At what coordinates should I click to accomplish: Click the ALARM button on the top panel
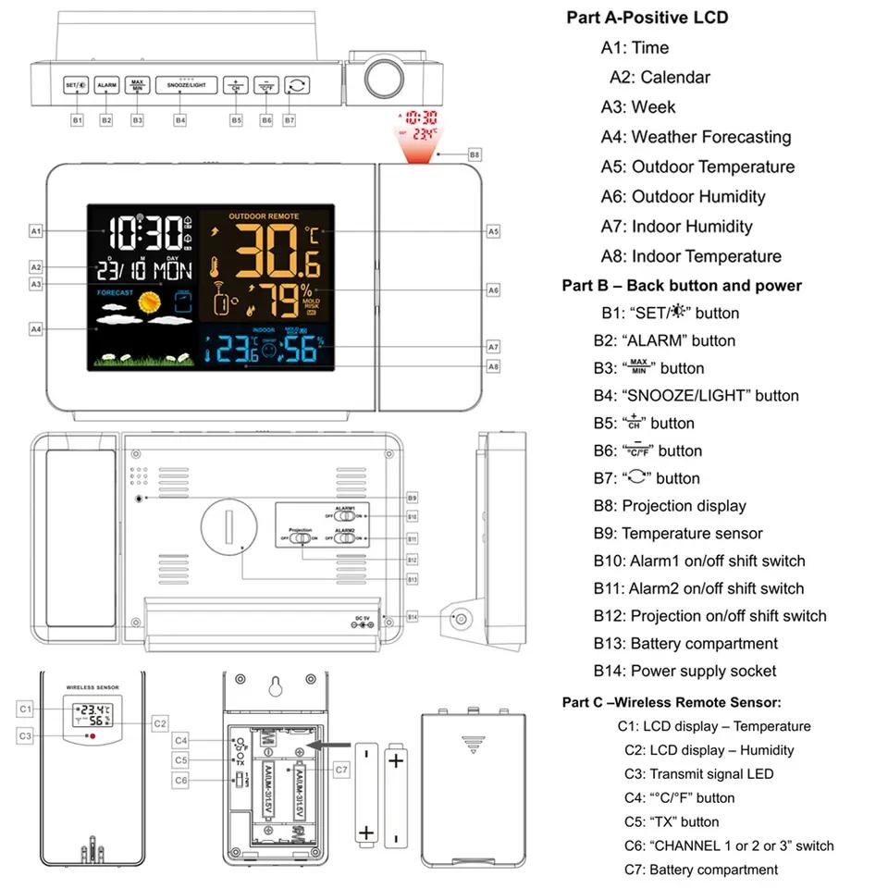(x=106, y=85)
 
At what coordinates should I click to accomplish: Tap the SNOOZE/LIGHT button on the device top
(x=186, y=85)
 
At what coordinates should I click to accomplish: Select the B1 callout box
(x=78, y=119)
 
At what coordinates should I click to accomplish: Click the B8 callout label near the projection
(x=475, y=154)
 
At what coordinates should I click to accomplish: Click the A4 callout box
(x=36, y=328)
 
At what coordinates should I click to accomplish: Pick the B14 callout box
(x=413, y=616)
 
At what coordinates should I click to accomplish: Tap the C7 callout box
(x=341, y=769)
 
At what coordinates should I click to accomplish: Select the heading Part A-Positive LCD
(x=647, y=18)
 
